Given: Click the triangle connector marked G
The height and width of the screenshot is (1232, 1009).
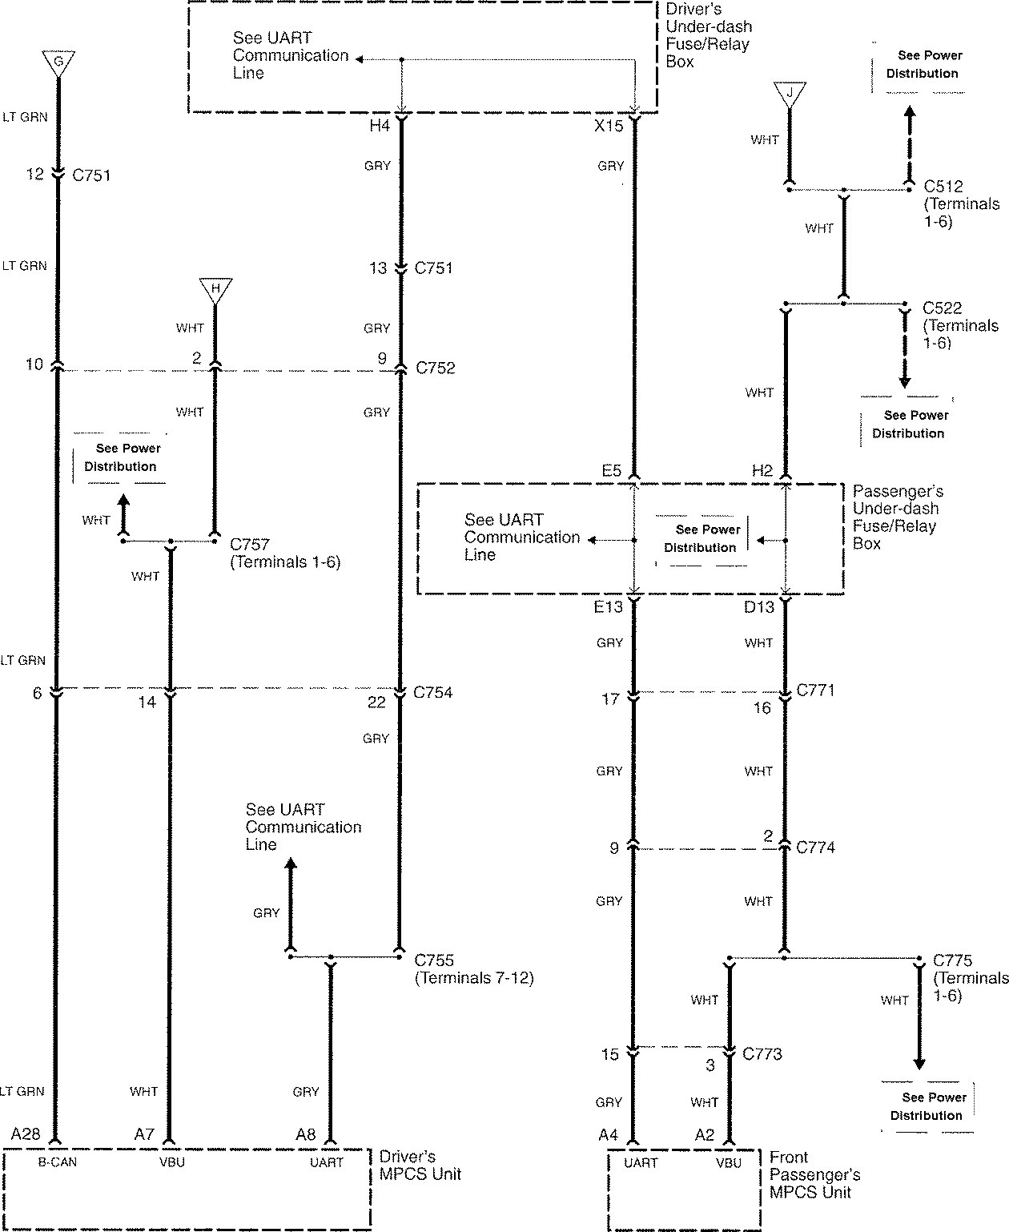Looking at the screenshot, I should click(x=58, y=62).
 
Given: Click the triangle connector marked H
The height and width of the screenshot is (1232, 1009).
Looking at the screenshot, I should click(x=215, y=290).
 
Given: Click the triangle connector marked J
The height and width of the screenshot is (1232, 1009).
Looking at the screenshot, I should click(x=790, y=93).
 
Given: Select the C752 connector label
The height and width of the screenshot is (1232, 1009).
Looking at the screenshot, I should click(x=435, y=368).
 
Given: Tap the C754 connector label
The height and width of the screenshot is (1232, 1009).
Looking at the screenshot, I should click(x=432, y=693).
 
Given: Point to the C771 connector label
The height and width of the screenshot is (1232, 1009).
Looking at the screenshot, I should click(x=816, y=690).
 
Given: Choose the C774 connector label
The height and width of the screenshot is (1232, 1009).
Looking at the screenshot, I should click(x=815, y=848).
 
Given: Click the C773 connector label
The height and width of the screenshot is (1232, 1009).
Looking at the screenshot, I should click(x=762, y=1054).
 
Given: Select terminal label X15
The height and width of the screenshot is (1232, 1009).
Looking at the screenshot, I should click(x=609, y=126).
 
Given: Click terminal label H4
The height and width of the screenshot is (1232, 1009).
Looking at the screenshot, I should click(x=379, y=126).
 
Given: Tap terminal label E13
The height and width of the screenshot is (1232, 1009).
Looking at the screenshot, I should click(x=608, y=607).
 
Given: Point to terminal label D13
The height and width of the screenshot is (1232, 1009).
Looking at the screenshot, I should click(x=758, y=607).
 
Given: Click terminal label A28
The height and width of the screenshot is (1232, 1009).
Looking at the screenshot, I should click(x=26, y=1134).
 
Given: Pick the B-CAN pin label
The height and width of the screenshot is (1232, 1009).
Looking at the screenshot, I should click(x=58, y=1162).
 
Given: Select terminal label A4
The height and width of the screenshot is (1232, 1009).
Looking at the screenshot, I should click(x=608, y=1134).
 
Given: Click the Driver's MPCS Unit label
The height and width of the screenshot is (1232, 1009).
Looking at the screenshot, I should click(x=420, y=1166).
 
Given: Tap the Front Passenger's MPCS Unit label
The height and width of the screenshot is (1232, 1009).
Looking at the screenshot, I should click(x=814, y=1174).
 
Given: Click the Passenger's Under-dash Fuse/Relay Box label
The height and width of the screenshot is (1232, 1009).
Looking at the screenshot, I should click(x=897, y=517).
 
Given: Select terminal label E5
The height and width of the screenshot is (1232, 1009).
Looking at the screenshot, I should click(x=611, y=471).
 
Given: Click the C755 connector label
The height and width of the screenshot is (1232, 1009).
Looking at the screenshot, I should click(x=434, y=960).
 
